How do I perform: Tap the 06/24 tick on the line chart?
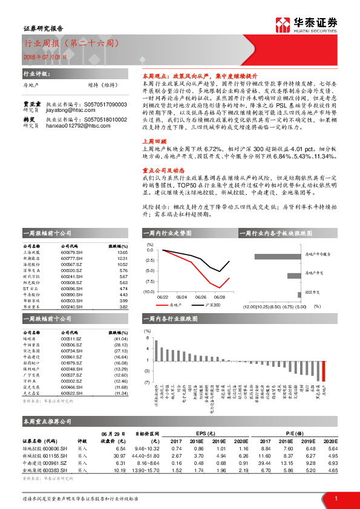182,297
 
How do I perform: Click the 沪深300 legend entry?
212,306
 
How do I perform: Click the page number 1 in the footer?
336,498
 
